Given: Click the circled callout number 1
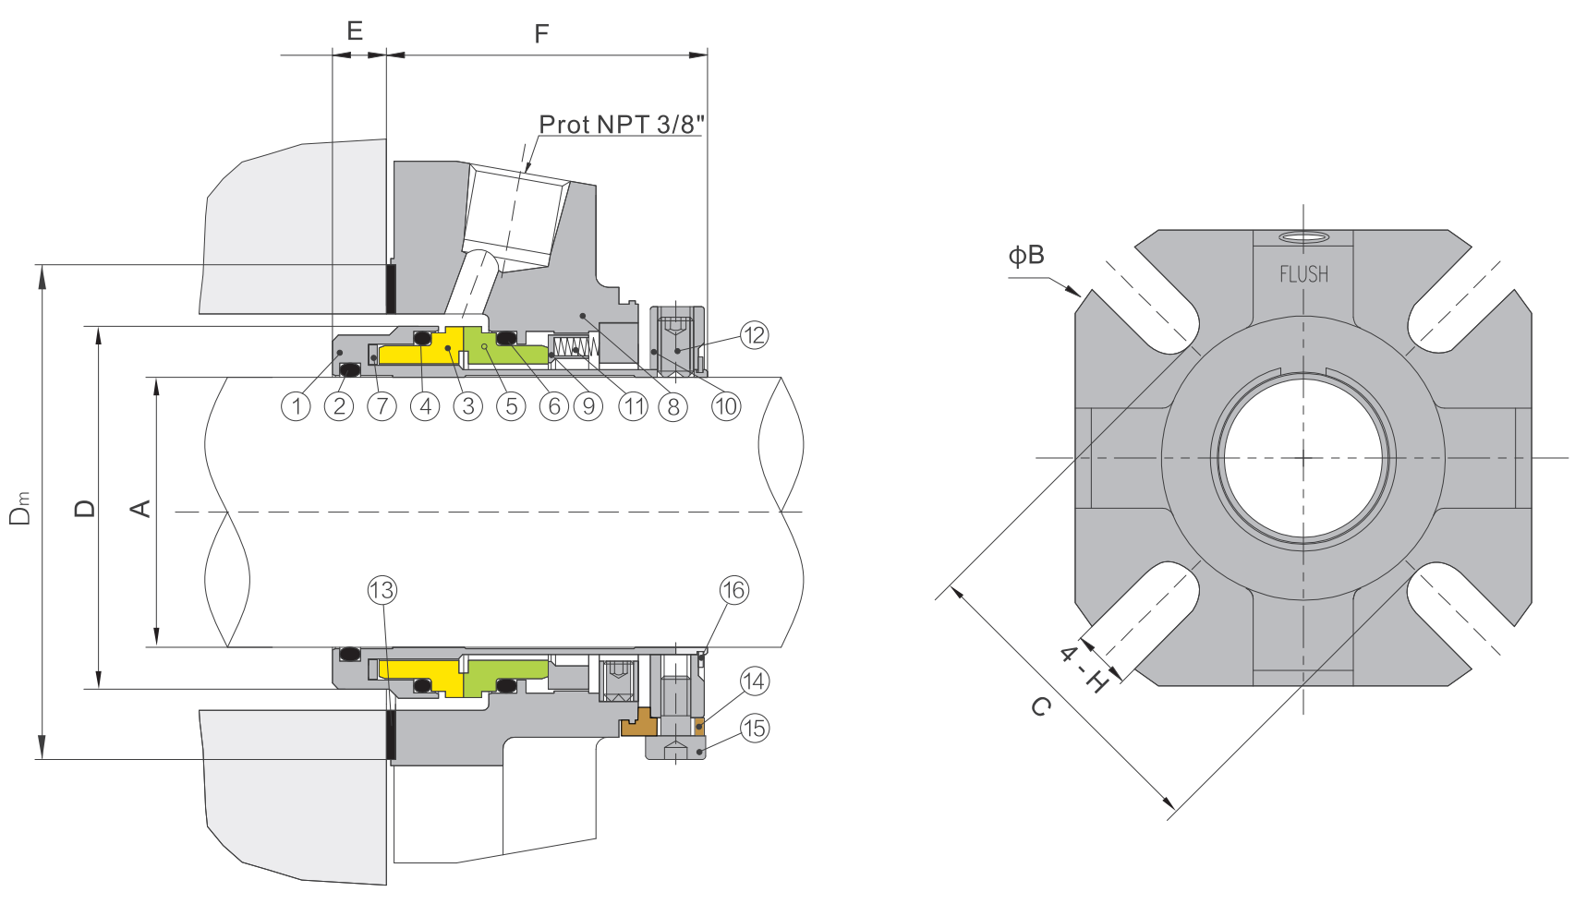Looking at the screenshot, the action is [x=296, y=406].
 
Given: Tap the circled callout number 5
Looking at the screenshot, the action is [x=511, y=406].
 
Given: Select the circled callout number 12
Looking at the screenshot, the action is [x=754, y=335].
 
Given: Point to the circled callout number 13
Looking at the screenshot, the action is [x=382, y=590].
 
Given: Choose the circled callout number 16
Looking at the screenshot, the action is [x=733, y=590].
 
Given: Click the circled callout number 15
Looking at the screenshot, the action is [x=754, y=728].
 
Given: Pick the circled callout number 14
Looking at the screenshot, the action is [x=754, y=681].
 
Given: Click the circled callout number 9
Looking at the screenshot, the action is [x=588, y=406].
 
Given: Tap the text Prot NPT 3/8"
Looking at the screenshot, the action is [x=621, y=124].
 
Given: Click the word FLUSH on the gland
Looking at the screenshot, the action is [x=1303, y=274].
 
